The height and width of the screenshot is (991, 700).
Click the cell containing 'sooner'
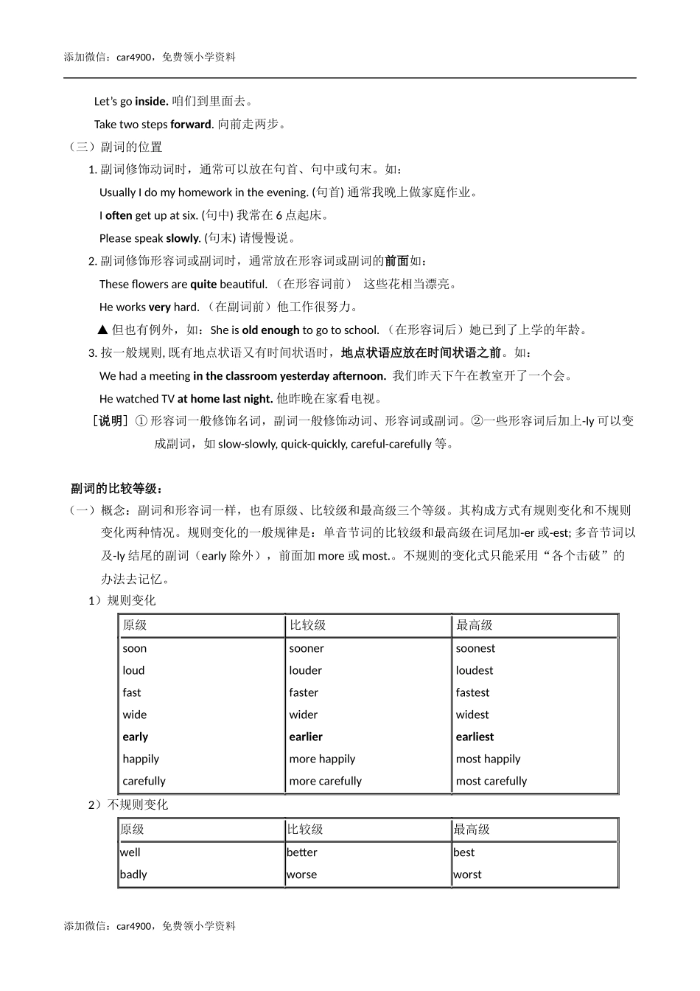pos(307,649)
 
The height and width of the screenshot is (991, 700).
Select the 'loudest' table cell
pos(475,671)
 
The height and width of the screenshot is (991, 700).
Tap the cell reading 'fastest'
pos(472,693)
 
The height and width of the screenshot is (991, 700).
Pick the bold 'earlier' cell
pos(306,737)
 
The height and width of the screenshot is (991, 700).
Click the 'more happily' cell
pos(322,759)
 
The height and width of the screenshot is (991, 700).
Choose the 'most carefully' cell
pos(491,782)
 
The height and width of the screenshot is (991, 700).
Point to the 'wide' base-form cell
pos(135,715)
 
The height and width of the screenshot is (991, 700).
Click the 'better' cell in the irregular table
pos(302,853)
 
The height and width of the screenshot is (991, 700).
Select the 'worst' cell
pos(467,875)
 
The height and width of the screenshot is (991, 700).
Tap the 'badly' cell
pos(133,875)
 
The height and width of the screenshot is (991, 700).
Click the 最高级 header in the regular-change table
pos(475,626)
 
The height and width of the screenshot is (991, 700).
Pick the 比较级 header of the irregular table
pos(305,830)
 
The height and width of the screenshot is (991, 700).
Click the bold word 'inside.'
pos(152,102)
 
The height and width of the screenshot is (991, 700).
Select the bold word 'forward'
pos(191,125)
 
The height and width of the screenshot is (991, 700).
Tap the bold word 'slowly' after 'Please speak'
pos(183,239)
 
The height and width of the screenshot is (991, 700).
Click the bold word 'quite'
pos(203,285)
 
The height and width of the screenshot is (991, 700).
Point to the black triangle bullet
pos(103,330)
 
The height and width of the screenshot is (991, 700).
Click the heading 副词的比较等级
pos(116,489)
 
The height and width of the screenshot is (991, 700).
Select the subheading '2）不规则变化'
pos(128,805)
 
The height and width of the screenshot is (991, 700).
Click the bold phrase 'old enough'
pos(270,330)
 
